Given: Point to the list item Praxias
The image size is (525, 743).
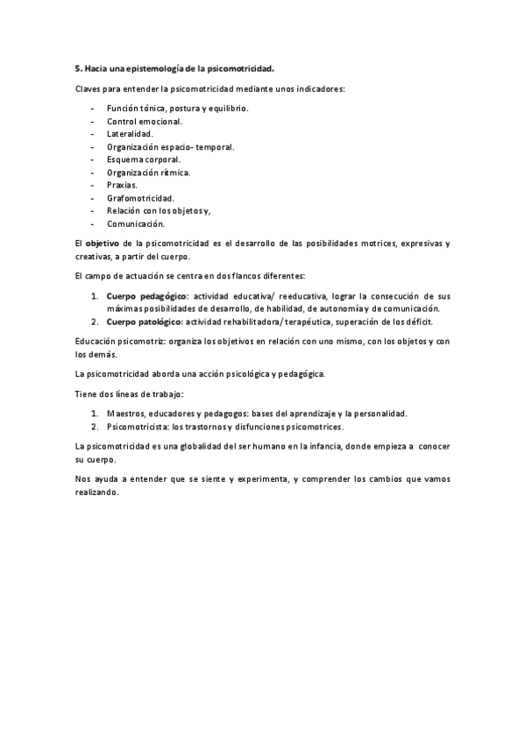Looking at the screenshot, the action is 122,186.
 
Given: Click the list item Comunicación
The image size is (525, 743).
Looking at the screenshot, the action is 136,224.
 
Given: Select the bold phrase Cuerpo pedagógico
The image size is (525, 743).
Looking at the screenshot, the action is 146,296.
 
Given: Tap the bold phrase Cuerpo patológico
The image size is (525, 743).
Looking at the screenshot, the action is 143,322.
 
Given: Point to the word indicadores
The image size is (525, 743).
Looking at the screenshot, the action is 318,88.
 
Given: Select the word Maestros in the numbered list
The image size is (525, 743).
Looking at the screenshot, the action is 126,414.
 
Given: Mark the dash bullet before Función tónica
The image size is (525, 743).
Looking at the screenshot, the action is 92,109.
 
